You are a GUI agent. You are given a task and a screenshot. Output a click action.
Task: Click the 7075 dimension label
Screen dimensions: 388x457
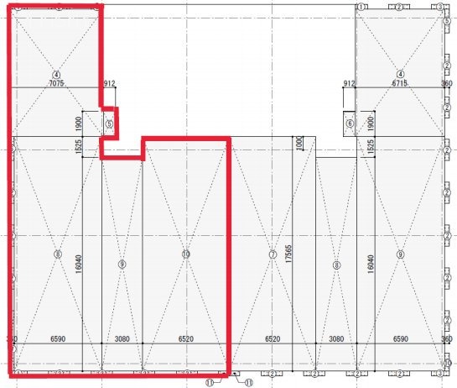click(x=56, y=84)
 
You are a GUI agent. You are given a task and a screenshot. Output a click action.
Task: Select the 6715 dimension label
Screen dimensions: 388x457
click(x=400, y=84)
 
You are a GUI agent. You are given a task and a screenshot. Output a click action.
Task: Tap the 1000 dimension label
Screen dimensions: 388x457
click(x=298, y=144)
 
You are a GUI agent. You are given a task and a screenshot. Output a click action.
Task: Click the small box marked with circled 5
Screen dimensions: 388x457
click(x=108, y=123)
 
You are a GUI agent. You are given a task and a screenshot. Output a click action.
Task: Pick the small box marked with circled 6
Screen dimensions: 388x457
click(x=350, y=123)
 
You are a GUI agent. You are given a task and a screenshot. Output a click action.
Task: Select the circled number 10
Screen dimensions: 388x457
click(x=185, y=254)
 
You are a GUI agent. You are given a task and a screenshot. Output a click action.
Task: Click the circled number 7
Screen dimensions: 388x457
click(x=273, y=254)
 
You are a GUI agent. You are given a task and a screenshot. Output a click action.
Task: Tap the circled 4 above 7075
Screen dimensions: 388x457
click(x=57, y=74)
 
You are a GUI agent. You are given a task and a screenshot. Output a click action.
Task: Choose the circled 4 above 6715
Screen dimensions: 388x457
click(x=400, y=74)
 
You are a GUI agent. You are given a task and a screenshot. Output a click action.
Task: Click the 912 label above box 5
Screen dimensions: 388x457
click(x=108, y=84)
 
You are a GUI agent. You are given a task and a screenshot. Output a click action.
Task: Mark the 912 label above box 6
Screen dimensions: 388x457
click(x=350, y=84)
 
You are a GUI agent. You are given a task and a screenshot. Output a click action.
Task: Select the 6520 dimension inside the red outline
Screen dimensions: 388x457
click(x=185, y=339)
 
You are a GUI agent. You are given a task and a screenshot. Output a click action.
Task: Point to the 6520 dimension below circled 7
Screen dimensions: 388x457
click(x=273, y=339)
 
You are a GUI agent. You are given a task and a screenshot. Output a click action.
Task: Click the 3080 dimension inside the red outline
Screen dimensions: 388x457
click(x=122, y=339)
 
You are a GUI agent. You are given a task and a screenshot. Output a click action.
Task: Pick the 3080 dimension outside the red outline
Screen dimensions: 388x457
click(x=335, y=339)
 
